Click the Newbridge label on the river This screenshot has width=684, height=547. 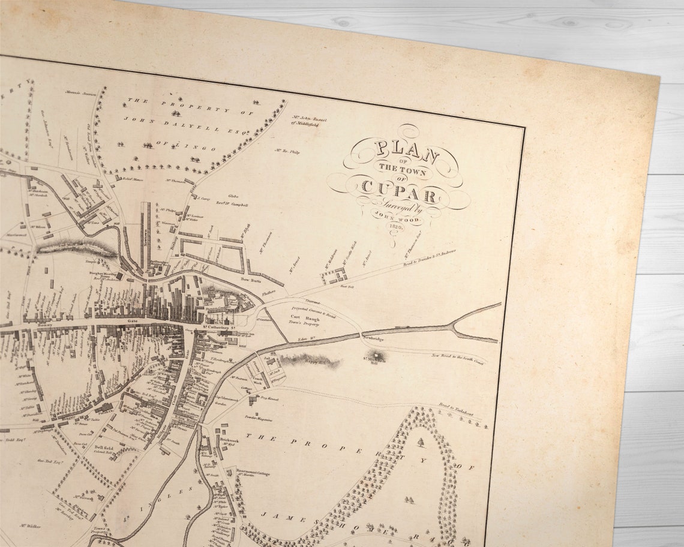[373, 338]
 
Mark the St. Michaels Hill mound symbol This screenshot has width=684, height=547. [377, 356]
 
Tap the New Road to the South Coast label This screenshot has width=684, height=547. [459, 357]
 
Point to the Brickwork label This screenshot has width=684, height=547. [230, 439]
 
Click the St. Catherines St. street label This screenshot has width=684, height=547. [222, 327]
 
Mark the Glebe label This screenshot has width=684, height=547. [233, 196]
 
